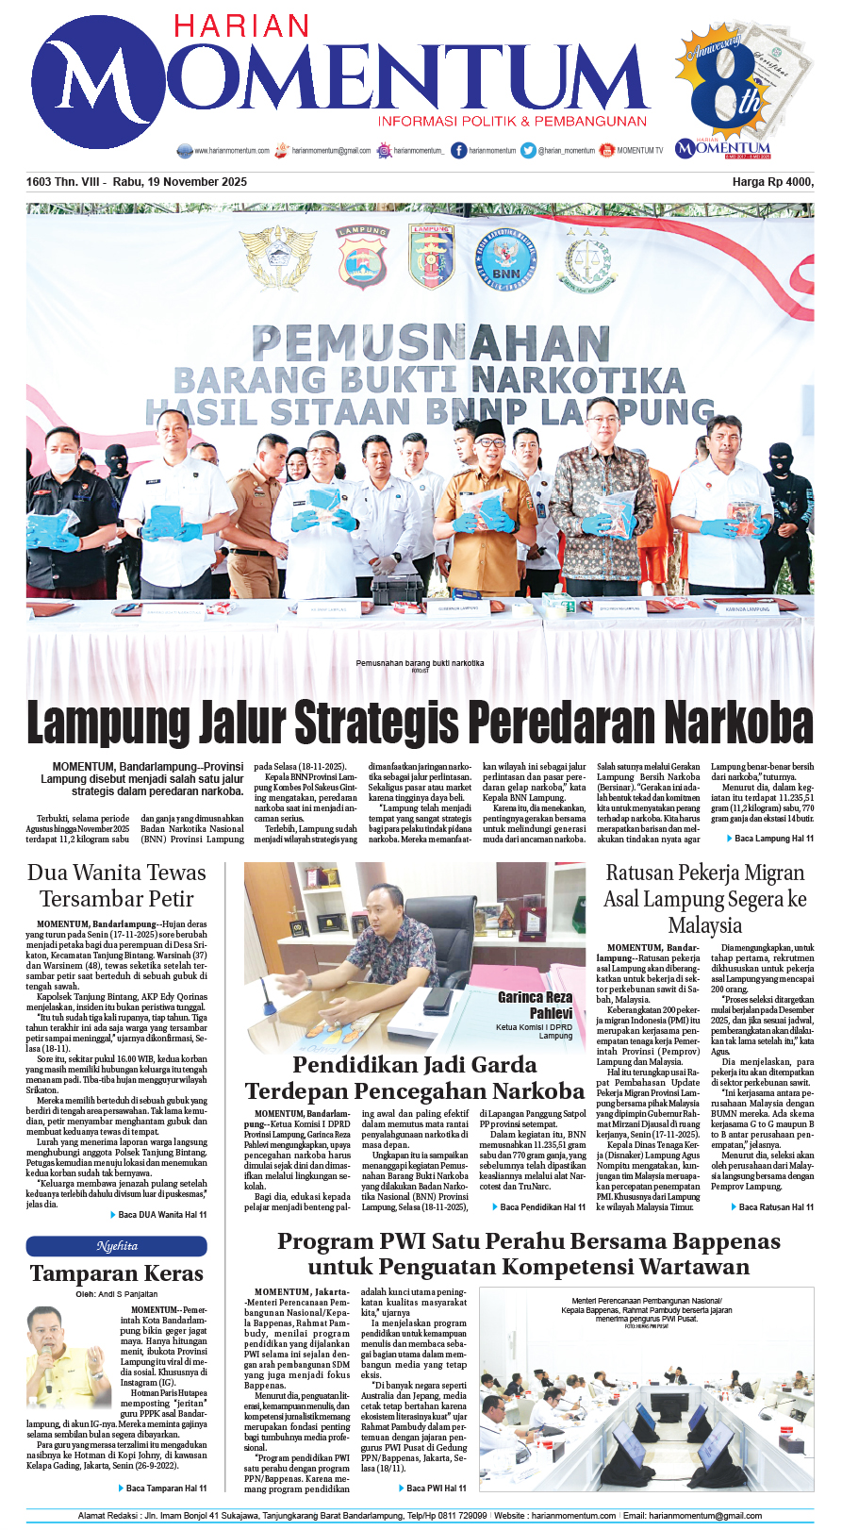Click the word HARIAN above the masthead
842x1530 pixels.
click(241, 25)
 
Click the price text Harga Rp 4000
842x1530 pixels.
click(772, 182)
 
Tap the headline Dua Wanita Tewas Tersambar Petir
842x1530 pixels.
click(117, 886)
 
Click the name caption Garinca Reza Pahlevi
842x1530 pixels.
click(535, 1005)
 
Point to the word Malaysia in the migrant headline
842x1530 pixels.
click(704, 925)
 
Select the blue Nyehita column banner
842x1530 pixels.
click(117, 1246)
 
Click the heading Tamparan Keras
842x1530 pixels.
click(117, 1273)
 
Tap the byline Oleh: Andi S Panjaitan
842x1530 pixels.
click(117, 1294)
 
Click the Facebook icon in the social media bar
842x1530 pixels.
click(459, 150)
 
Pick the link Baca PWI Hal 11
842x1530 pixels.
click(436, 1488)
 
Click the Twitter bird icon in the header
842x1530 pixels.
click(528, 150)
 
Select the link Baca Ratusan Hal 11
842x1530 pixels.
click(776, 1206)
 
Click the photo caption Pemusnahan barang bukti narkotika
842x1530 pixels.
click(420, 663)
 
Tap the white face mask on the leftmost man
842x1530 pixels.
click(63, 463)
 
